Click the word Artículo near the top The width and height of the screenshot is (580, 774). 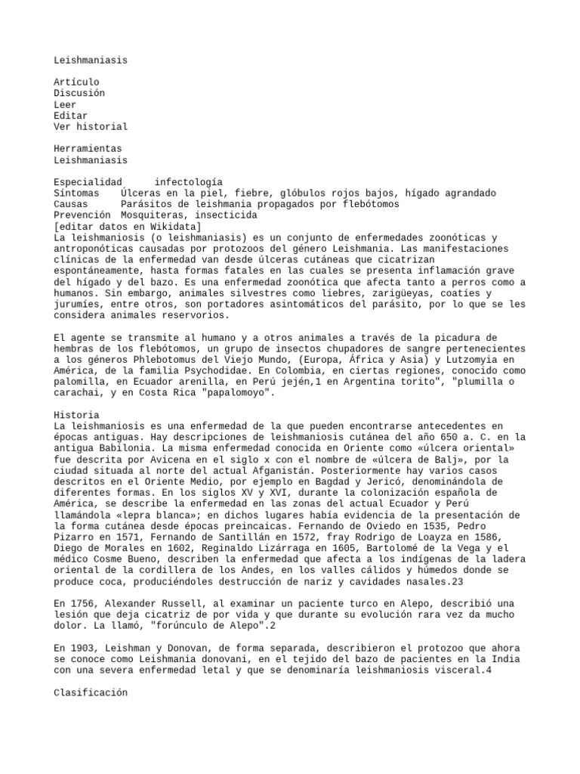[x=76, y=82]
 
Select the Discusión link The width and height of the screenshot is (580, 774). [x=79, y=93]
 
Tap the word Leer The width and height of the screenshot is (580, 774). [x=65, y=104]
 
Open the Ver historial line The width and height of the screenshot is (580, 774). [x=91, y=126]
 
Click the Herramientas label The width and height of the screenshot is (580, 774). [x=88, y=149]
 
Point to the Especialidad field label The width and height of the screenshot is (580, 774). [x=88, y=182]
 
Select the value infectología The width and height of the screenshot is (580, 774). [x=188, y=182]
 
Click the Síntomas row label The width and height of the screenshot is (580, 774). [x=76, y=193]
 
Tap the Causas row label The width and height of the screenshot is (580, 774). [x=71, y=204]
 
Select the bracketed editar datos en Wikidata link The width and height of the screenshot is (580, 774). [x=127, y=227]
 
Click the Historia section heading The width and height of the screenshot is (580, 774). [x=76, y=415]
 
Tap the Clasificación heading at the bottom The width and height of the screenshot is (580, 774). [x=91, y=692]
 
